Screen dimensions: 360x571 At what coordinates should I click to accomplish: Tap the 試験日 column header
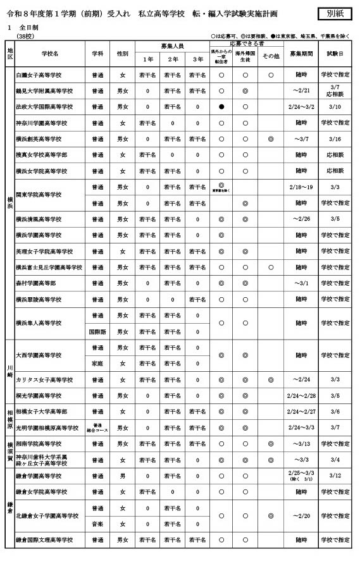click(335, 53)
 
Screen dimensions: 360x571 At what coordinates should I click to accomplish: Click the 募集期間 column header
click(301, 53)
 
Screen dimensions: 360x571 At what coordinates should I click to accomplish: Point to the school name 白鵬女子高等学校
click(39, 75)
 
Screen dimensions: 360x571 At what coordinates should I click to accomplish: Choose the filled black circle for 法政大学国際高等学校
click(221, 107)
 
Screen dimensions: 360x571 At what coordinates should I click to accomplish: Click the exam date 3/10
click(335, 107)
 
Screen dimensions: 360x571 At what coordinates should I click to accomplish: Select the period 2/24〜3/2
click(301, 107)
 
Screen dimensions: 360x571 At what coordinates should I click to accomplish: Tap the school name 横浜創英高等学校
click(39, 139)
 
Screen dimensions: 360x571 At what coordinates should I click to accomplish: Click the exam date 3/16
click(335, 139)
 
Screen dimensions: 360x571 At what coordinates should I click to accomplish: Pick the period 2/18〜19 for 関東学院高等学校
click(301, 187)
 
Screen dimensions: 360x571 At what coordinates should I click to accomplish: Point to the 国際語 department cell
click(97, 331)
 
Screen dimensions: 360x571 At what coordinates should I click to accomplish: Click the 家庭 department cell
click(97, 364)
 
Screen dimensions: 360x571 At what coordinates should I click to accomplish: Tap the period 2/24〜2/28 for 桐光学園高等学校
click(301, 395)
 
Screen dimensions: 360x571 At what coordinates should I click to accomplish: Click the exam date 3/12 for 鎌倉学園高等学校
click(335, 476)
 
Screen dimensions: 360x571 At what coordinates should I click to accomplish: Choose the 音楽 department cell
click(97, 524)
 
